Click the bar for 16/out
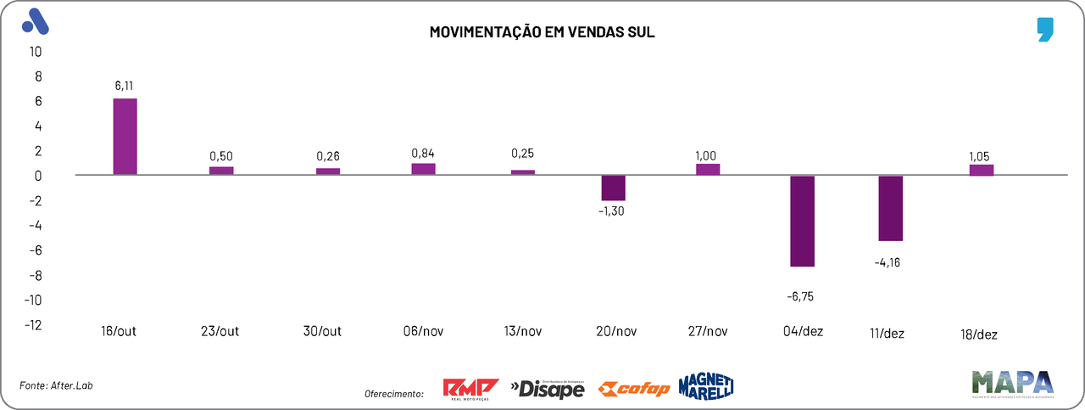(125, 137)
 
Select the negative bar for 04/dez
(802, 221)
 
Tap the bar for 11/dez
(890, 208)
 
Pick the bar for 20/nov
(613, 188)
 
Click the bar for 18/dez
(982, 170)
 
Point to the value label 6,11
(125, 86)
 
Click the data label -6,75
(802, 296)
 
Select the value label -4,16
(887, 262)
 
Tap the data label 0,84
(423, 153)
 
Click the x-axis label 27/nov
(706, 332)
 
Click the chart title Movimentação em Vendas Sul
(542, 32)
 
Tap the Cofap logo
(633, 389)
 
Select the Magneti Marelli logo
(705, 386)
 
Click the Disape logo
(548, 389)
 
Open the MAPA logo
(1014, 385)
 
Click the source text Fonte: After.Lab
(56, 385)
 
